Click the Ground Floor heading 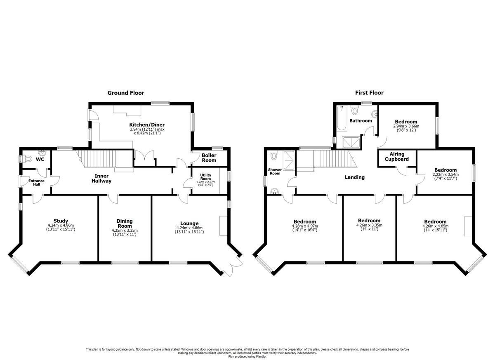[126, 93]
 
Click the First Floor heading [369, 93]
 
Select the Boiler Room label [209, 158]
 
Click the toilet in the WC [28, 158]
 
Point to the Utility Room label [205, 177]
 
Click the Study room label [61, 221]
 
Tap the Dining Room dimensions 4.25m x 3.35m [124, 231]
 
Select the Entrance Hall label [36, 183]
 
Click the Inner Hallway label [101, 178]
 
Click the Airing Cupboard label [396, 156]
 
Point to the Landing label [355, 177]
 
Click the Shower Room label [275, 171]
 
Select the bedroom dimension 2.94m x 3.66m [405, 127]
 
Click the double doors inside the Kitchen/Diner [145, 158]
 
